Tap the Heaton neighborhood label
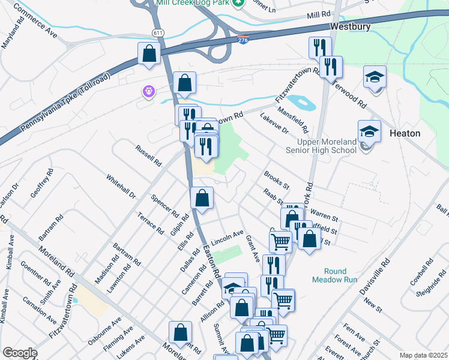(x=405, y=133)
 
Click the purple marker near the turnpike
(x=148, y=92)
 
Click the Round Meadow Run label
(x=335, y=275)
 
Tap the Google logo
(x=20, y=353)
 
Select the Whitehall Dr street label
(x=121, y=187)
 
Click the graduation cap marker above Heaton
(x=375, y=78)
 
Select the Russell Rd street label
(x=149, y=155)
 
